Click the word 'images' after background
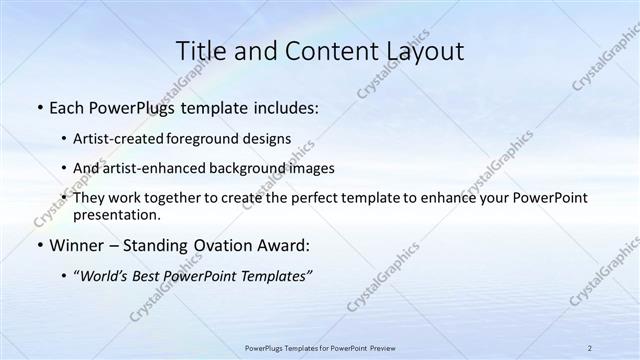[x=310, y=168]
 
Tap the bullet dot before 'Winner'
[x=38, y=245]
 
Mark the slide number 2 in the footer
[x=590, y=348]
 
